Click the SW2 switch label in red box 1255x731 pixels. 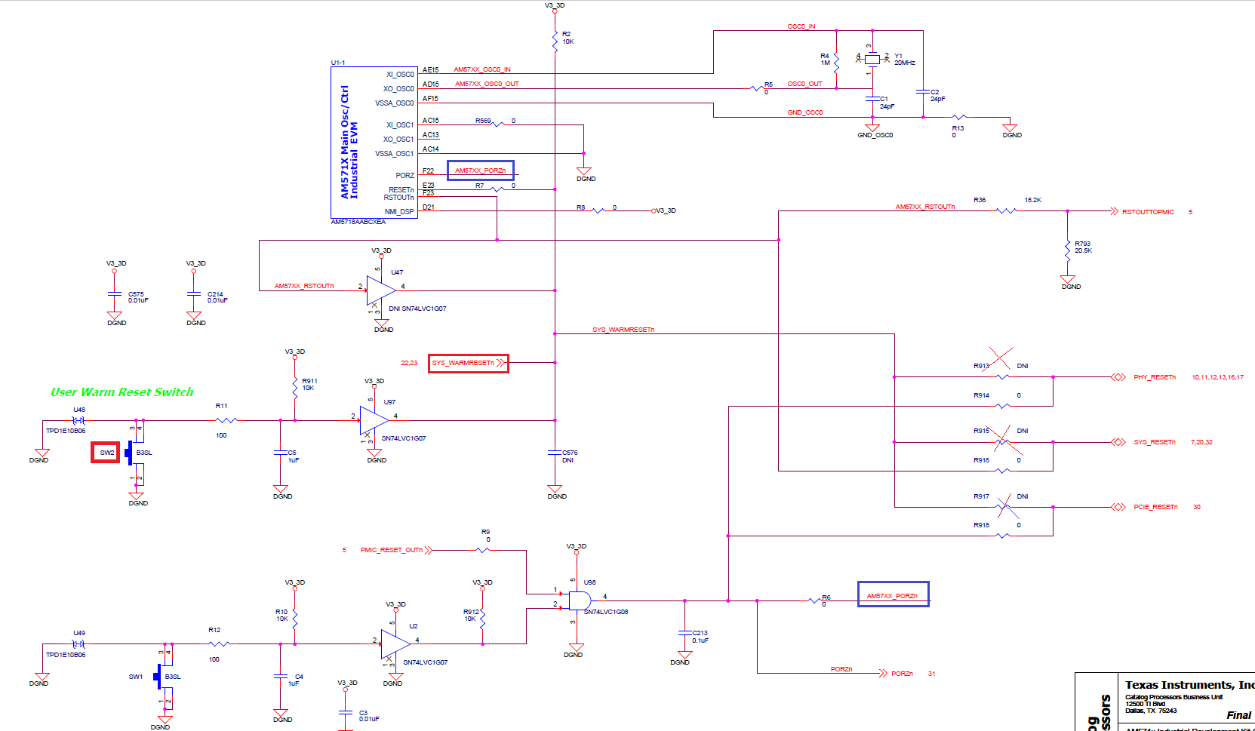(106, 453)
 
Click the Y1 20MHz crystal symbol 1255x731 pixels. (872, 59)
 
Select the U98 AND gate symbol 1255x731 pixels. (580, 600)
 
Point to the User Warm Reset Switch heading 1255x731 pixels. (122, 392)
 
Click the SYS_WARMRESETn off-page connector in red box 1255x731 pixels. (468, 363)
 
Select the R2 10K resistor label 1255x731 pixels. (567, 38)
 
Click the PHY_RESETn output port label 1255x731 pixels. (1154, 377)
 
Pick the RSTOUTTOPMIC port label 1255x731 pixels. (1147, 212)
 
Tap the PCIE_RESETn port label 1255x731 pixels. (1155, 507)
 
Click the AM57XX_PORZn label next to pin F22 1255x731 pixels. (480, 170)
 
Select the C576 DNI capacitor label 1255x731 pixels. (569, 456)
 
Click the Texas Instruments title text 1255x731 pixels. (1189, 685)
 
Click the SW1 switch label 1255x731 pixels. (135, 677)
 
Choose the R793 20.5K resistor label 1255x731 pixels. (1083, 247)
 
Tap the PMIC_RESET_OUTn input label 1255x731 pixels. (391, 550)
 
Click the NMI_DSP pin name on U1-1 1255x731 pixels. (398, 212)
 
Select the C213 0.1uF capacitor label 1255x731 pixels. (700, 637)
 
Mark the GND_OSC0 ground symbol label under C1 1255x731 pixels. (875, 135)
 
